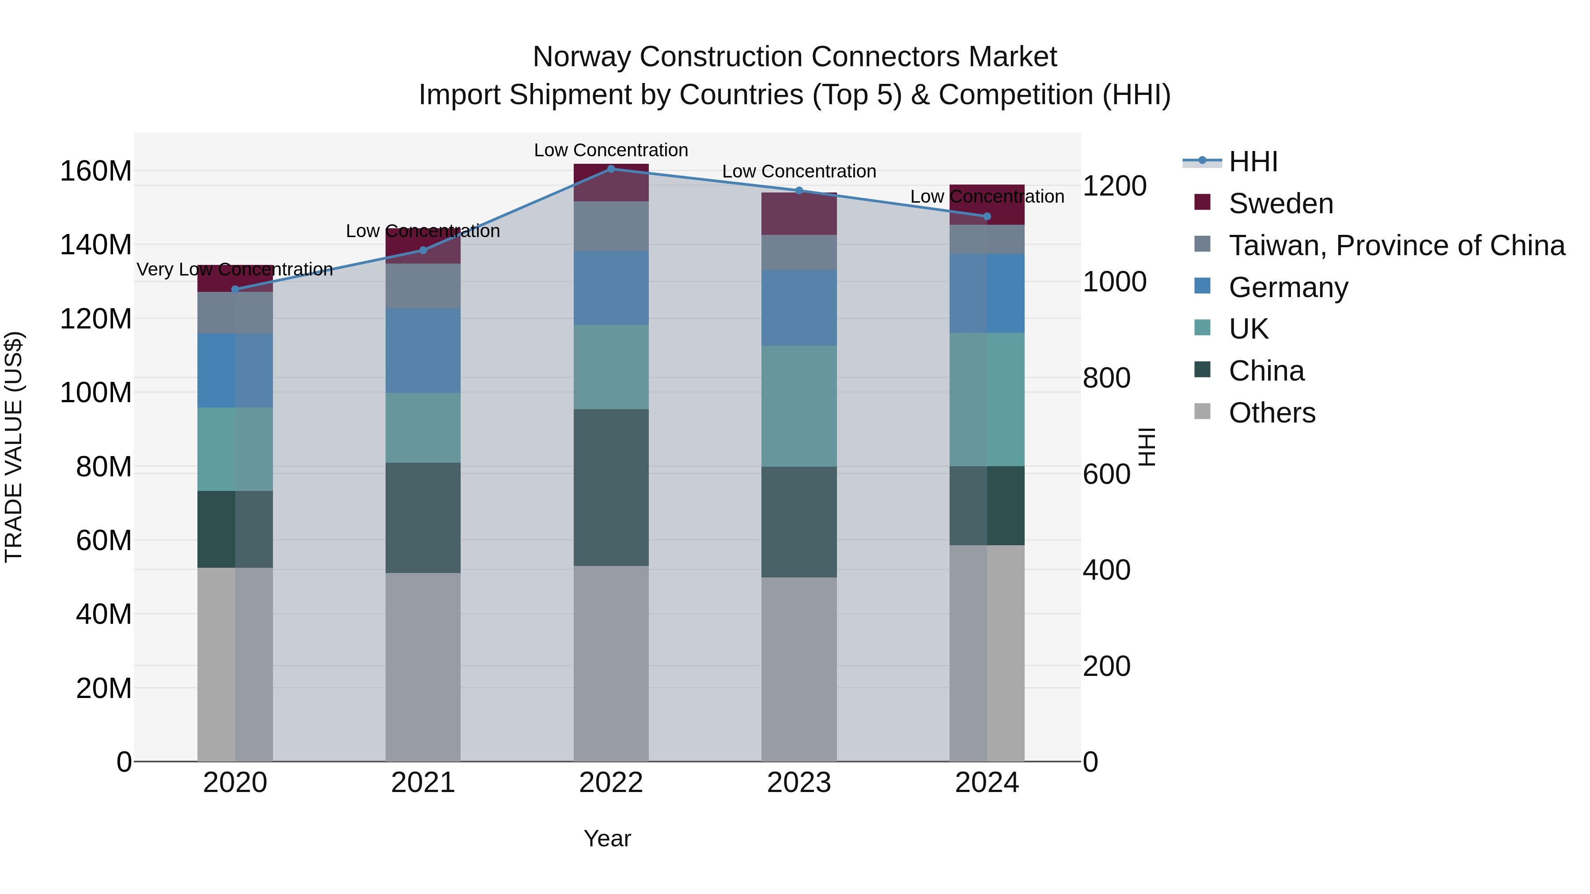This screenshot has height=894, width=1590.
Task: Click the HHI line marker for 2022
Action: pos(611,169)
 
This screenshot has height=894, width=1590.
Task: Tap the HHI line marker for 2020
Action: pos(235,289)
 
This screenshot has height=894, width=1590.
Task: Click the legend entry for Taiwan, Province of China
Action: pos(1396,245)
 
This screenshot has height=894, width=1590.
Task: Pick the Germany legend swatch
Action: pos(1202,286)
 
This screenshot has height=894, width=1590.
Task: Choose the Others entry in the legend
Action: pos(1272,413)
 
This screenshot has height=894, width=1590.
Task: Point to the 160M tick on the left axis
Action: pos(96,171)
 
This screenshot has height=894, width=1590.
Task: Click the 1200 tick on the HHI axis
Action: pos(1114,186)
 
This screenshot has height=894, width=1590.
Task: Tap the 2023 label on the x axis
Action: pos(799,783)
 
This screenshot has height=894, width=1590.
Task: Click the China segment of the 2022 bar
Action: pos(611,487)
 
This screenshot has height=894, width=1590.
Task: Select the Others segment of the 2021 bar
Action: pos(423,666)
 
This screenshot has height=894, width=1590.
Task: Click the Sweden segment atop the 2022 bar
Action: pos(611,183)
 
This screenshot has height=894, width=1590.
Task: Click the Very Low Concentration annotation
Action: pos(235,270)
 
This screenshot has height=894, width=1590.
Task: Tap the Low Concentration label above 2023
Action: pos(799,172)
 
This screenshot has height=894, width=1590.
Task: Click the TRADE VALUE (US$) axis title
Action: pos(14,447)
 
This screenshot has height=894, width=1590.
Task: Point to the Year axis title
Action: pos(607,838)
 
